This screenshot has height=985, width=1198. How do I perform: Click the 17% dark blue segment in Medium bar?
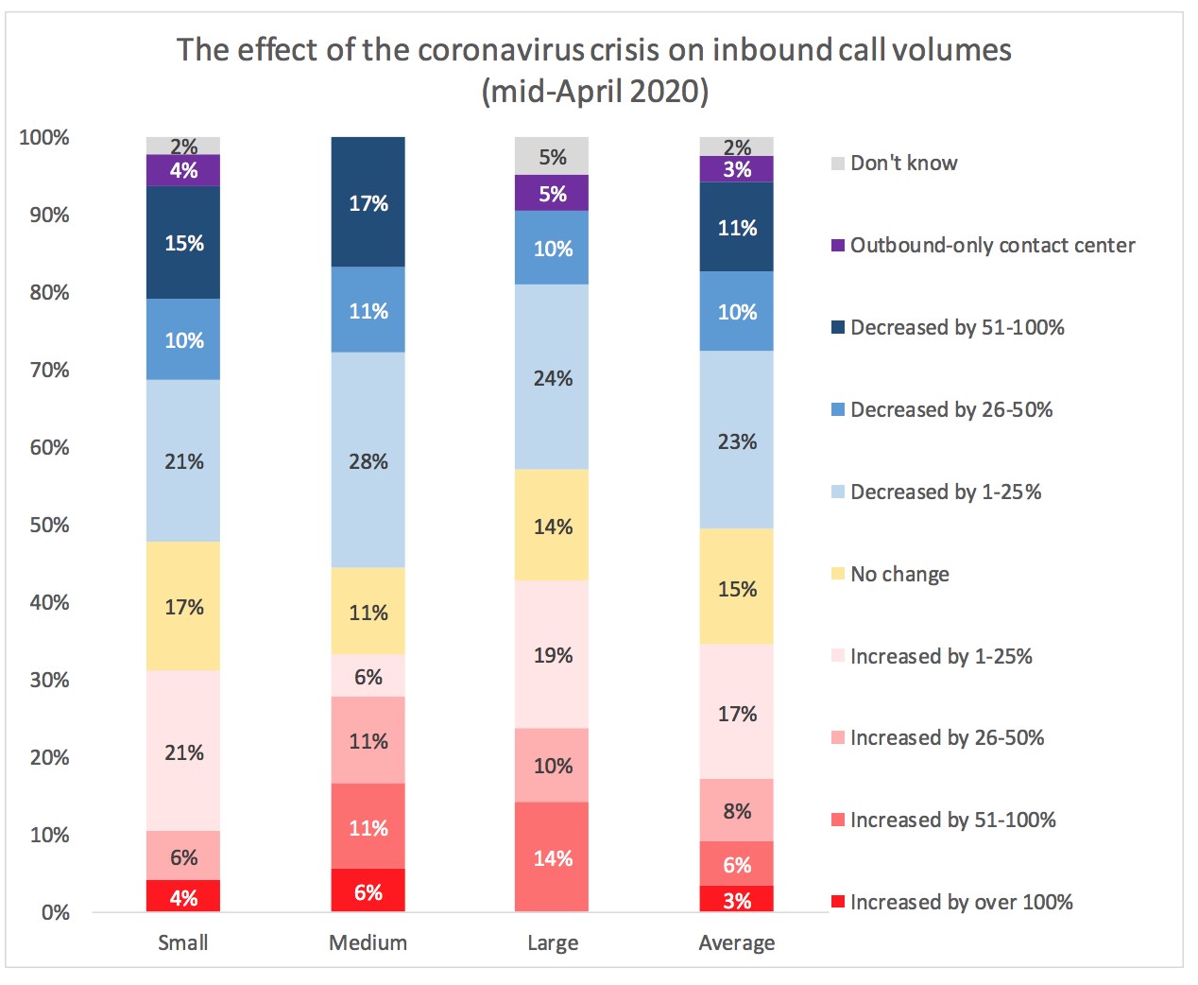(368, 202)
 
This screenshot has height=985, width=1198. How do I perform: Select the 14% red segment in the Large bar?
(552, 856)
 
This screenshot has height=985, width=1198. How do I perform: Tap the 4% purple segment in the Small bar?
(183, 170)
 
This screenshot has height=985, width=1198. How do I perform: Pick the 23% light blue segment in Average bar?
(736, 441)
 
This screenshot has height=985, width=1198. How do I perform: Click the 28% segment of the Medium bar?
(368, 460)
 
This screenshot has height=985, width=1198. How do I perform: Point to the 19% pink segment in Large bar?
(552, 654)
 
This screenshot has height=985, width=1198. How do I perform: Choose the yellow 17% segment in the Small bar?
(183, 606)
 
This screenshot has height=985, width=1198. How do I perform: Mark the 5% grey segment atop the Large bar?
(552, 156)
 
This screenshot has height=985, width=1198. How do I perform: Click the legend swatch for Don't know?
(838, 164)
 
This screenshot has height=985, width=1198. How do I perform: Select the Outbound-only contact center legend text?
(992, 246)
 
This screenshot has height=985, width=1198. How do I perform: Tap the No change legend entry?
(899, 574)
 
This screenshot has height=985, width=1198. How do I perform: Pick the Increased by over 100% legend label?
(961, 902)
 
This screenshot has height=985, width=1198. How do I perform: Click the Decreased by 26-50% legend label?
(950, 409)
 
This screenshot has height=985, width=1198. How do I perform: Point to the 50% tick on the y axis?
(49, 525)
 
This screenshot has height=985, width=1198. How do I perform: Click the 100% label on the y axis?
(44, 137)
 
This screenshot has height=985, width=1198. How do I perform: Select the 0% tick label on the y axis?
(55, 912)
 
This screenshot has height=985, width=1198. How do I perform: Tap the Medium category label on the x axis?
(368, 942)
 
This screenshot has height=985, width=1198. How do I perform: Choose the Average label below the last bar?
(736, 942)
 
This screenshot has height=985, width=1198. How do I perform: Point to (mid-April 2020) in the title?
(595, 92)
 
